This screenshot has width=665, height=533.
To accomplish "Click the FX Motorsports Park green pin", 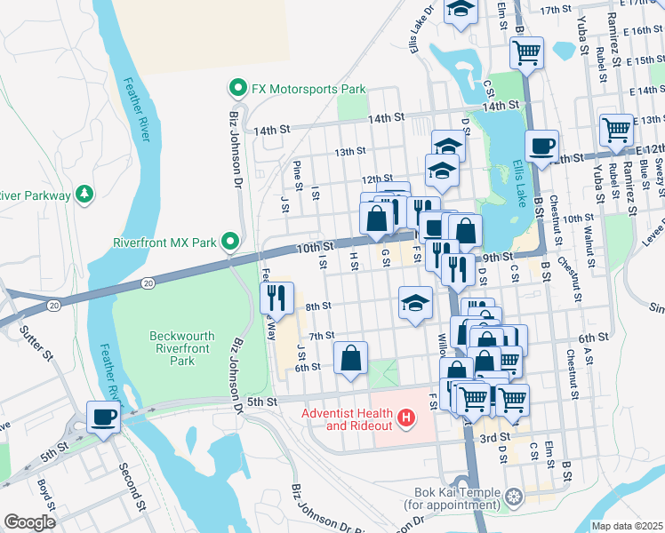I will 237,90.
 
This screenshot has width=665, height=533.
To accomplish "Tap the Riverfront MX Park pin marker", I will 230,242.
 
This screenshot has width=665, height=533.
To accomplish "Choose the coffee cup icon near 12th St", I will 541,146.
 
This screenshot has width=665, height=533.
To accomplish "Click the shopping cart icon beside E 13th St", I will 615,130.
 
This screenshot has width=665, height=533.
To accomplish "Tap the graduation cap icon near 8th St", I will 415,304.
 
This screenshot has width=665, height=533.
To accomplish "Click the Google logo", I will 29,522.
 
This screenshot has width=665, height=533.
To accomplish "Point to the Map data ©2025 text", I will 626,526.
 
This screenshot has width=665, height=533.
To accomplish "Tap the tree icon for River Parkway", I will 84,193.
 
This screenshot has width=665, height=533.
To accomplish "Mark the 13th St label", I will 350,152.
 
